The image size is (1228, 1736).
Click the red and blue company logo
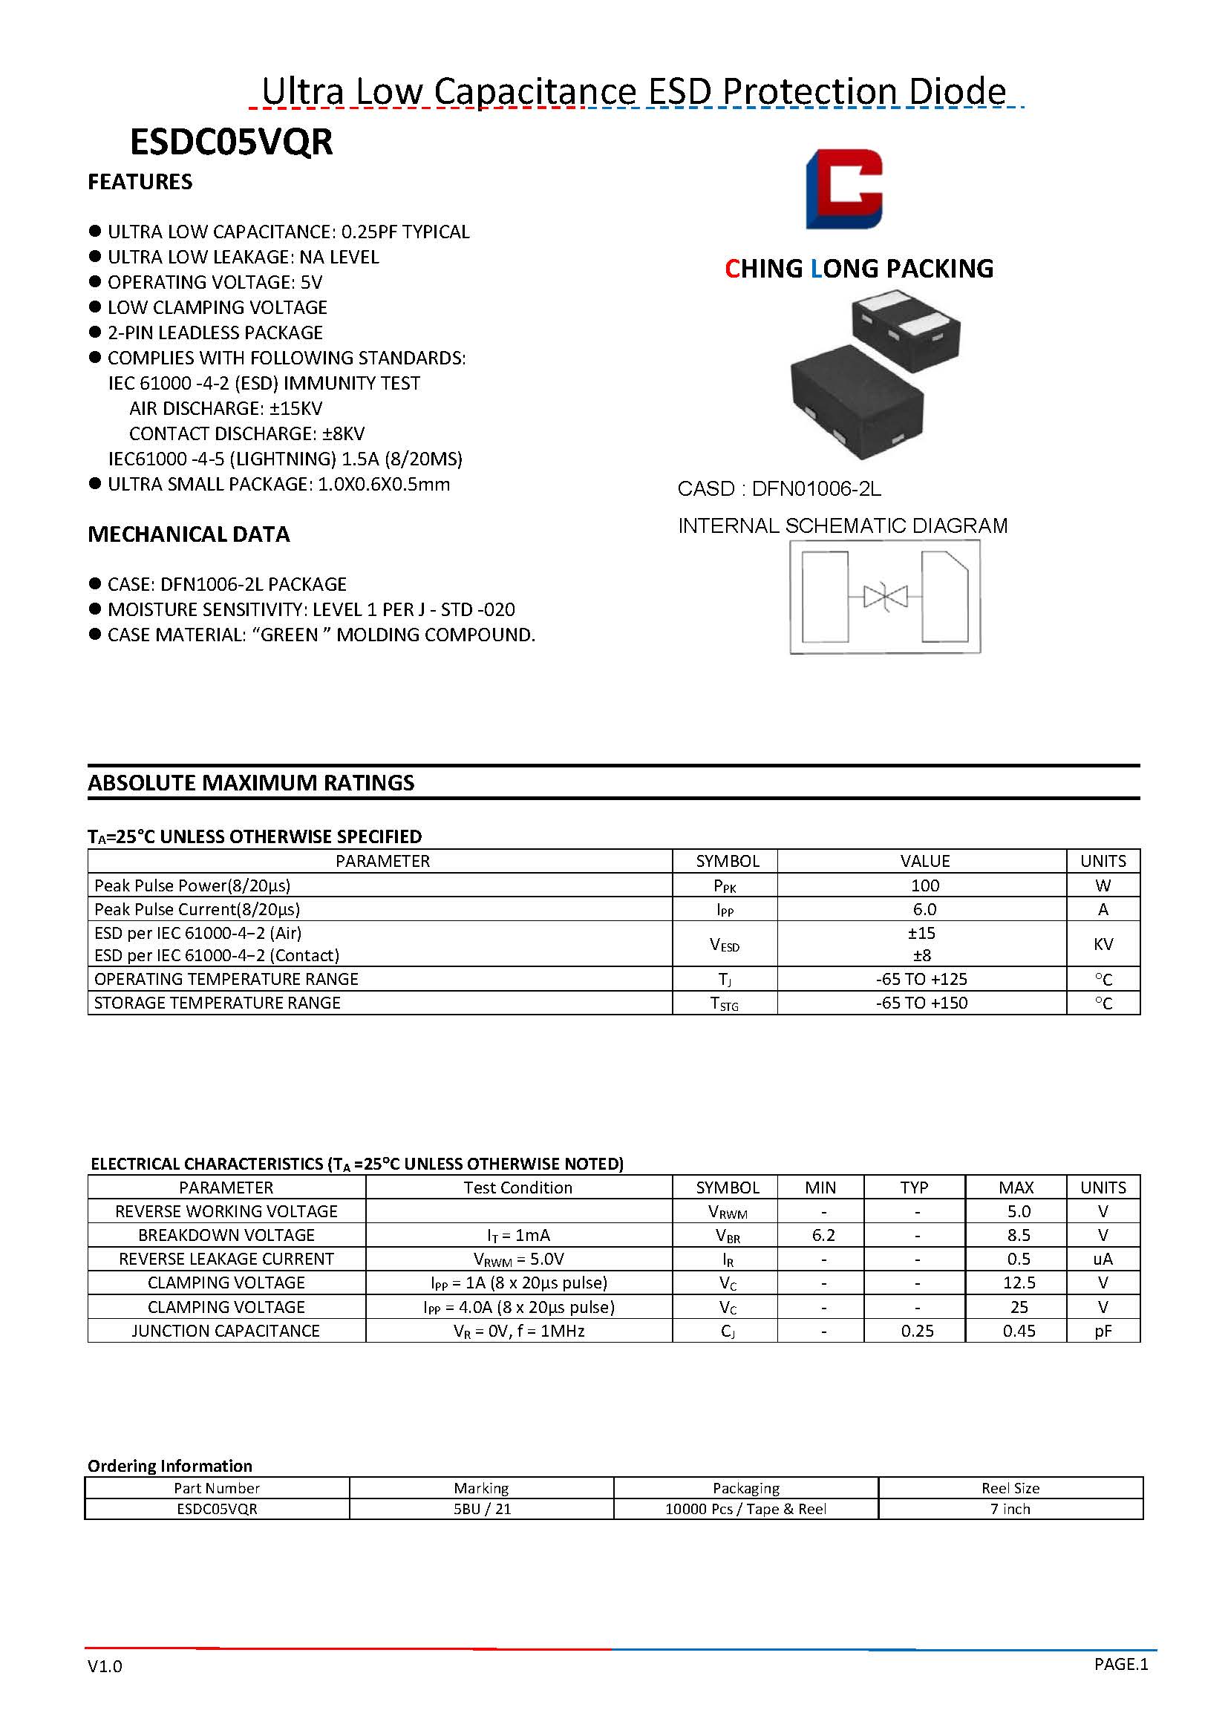[844, 189]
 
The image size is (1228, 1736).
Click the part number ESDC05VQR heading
[232, 143]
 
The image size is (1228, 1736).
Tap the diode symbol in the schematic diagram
[885, 597]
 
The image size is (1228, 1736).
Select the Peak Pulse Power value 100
[924, 885]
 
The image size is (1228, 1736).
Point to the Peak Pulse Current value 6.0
[924, 909]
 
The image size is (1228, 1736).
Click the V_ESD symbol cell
[725, 943]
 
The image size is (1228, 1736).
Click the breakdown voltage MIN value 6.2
[823, 1235]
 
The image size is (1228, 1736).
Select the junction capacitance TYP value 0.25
[916, 1331]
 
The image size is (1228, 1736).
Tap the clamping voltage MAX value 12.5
[1019, 1283]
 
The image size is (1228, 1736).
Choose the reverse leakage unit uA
[1103, 1259]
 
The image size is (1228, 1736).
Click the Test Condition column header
[518, 1187]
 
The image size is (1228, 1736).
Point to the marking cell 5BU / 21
[482, 1508]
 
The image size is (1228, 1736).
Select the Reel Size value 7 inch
[1010, 1508]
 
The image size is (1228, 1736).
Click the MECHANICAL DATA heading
[189, 534]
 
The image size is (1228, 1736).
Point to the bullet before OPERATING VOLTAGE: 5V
[95, 282]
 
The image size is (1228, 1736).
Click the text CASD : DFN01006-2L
[779, 489]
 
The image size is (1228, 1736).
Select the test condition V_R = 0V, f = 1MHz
[519, 1331]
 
